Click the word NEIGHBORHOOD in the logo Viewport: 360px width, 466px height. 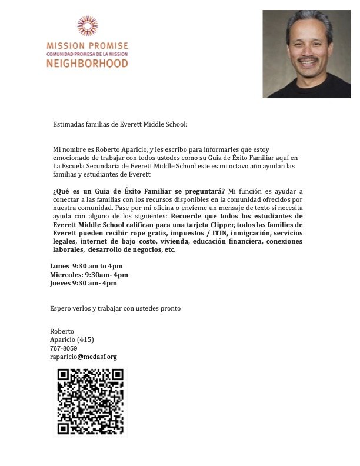(86, 63)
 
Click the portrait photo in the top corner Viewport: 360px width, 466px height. (306, 54)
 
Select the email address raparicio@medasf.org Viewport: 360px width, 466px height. (84, 357)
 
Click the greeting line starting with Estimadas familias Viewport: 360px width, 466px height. (120, 124)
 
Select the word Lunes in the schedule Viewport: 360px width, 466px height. (59, 266)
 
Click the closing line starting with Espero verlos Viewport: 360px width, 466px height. (115, 308)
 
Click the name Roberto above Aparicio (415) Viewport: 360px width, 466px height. (62, 331)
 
